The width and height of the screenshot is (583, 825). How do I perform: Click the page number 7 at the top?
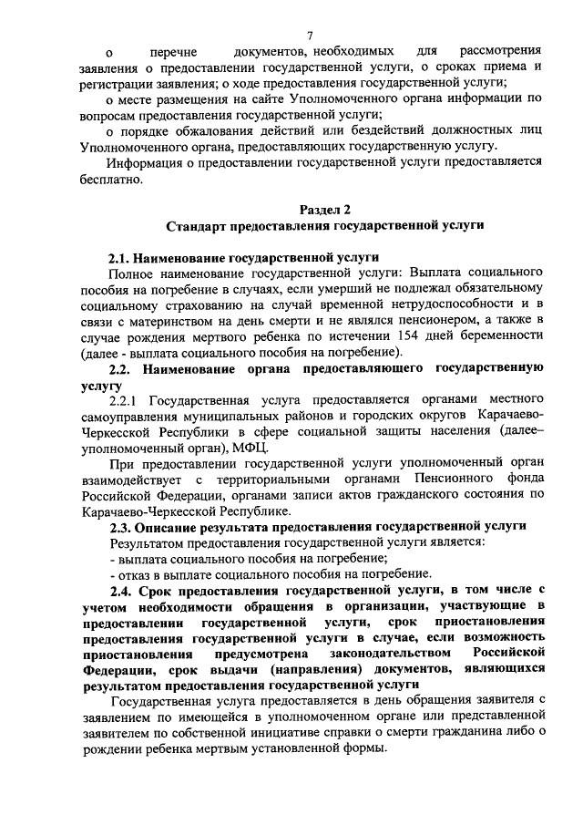point(310,36)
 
